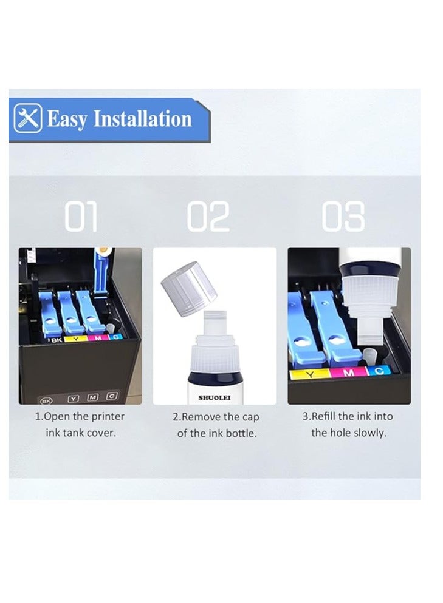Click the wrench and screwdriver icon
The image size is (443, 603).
[28, 118]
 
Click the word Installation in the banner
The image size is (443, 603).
[143, 118]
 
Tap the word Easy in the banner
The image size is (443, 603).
[67, 120]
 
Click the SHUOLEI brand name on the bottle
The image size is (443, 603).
[215, 397]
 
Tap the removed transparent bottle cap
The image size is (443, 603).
[189, 288]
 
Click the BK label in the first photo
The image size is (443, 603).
[57, 340]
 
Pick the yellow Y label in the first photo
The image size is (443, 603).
[76, 339]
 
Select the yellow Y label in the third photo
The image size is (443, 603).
[309, 374]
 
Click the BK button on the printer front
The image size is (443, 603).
[46, 401]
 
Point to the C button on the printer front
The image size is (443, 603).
[112, 396]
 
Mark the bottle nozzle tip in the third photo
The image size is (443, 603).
[369, 342]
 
